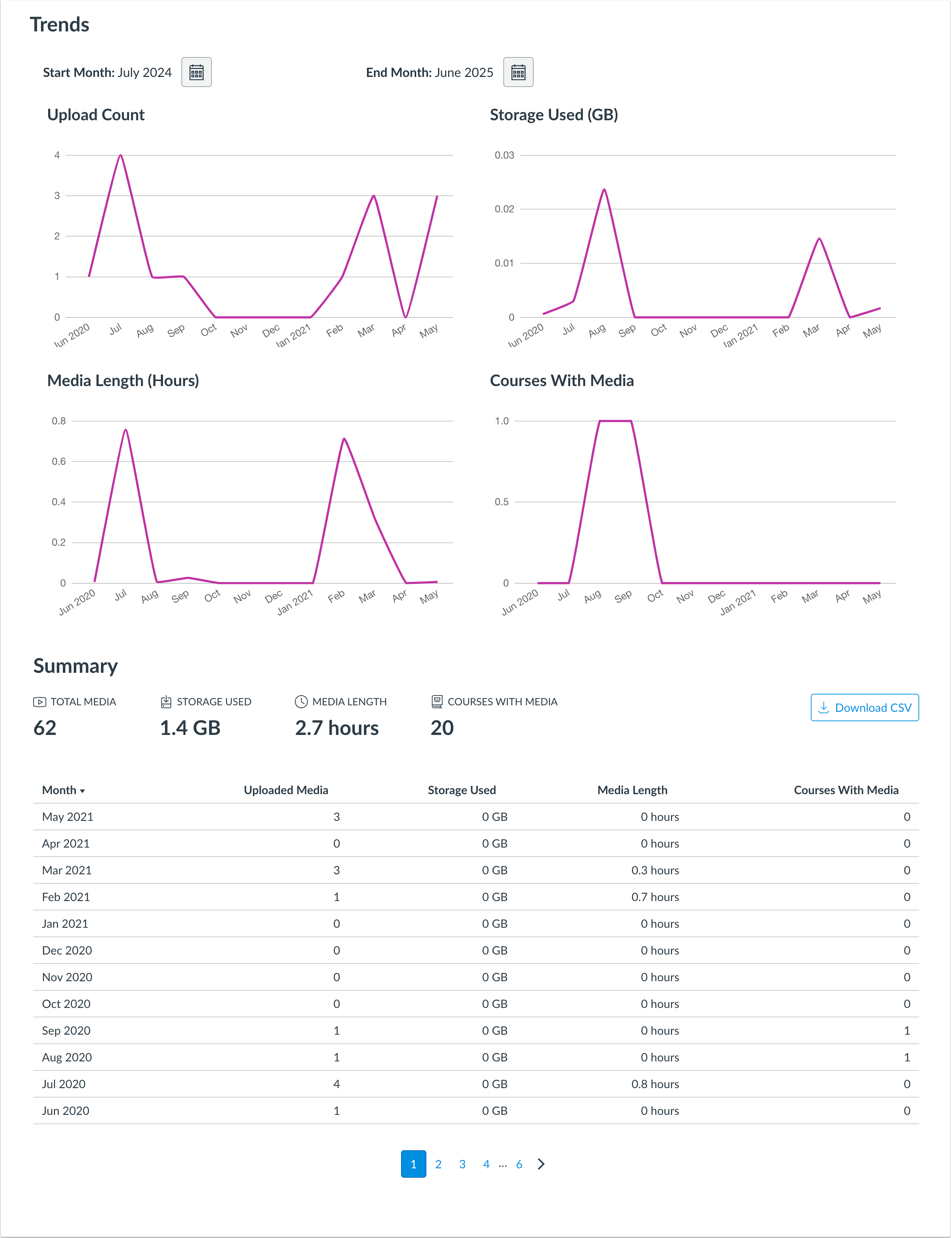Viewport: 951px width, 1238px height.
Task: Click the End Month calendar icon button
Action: [x=518, y=73]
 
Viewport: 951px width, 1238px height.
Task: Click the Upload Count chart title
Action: [x=96, y=115]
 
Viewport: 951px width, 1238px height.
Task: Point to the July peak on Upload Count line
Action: [x=121, y=156]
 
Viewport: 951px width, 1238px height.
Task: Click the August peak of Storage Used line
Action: [x=604, y=190]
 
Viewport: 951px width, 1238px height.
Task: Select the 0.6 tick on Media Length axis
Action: [x=59, y=461]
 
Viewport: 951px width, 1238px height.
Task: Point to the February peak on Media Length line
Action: [x=344, y=439]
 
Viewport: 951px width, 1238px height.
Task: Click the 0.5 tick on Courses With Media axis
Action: [x=502, y=502]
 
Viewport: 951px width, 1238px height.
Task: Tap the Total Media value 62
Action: [x=45, y=728]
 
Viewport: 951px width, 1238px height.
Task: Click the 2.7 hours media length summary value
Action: [x=337, y=728]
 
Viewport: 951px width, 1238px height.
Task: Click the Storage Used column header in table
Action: [x=461, y=790]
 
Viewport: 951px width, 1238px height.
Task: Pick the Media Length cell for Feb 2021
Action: [x=655, y=897]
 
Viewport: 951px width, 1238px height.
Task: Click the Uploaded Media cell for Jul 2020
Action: [x=336, y=1084]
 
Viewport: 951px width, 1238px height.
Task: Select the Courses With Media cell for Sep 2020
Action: [x=906, y=1030]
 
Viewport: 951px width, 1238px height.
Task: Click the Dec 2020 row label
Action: [x=67, y=951]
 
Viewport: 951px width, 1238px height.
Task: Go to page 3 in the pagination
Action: [x=462, y=1164]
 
